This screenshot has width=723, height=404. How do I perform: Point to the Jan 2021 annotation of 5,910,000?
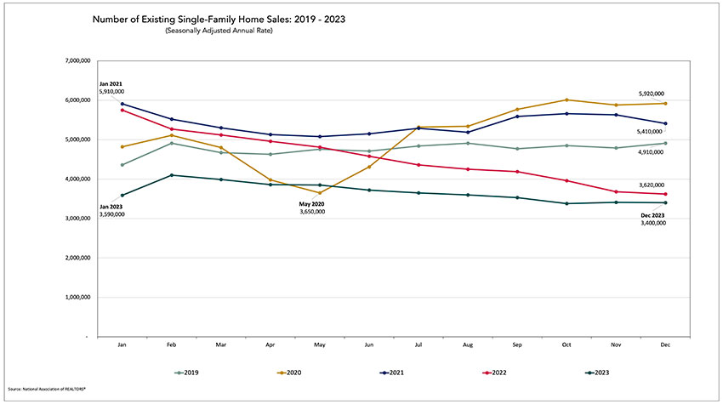(111, 88)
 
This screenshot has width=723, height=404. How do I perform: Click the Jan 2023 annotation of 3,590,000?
(111, 210)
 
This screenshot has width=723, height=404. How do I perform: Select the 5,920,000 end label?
(652, 94)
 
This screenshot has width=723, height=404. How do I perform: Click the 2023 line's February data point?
(173, 175)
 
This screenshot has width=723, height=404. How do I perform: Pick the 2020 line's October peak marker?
(566, 100)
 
